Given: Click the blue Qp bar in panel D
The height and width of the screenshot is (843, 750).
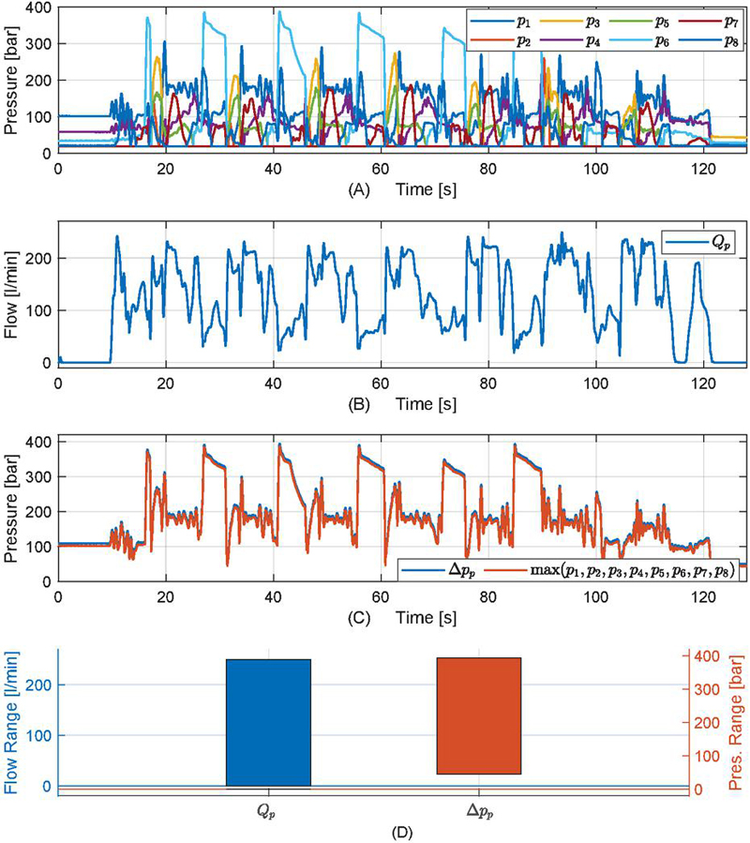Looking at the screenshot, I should point(268,722).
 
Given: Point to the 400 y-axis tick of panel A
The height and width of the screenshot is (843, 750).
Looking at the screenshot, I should point(38,9).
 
